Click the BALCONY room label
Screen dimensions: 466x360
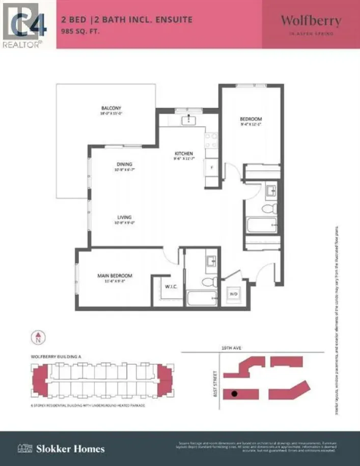point(111,108)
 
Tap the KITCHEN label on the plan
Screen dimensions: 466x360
point(183,153)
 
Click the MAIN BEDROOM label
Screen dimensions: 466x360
point(115,276)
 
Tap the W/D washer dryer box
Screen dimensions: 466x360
point(234,294)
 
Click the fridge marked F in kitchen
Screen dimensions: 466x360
point(212,167)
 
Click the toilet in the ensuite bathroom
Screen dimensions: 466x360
point(209,282)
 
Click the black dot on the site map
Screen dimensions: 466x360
point(234,393)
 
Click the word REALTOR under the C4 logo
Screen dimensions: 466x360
point(21,45)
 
